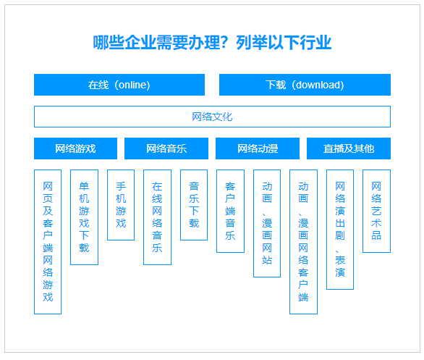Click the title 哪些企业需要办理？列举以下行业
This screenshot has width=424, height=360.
pos(212,43)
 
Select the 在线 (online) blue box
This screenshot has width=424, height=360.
pos(119,85)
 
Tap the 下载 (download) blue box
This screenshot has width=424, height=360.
pos(305,85)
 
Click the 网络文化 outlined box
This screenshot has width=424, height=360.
pos(212,117)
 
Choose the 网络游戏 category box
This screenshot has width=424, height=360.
pos(75,148)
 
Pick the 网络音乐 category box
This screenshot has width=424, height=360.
pos(166,148)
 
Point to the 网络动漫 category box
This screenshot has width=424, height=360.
pos(258,148)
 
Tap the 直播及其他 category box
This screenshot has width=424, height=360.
pos(349,148)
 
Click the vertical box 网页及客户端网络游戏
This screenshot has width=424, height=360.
pos(48,242)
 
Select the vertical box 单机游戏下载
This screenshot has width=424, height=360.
pos(84,217)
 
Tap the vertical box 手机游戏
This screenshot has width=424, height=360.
pos(121,205)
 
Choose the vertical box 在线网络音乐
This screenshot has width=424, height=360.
pos(157,217)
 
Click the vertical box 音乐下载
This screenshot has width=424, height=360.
pos(194,205)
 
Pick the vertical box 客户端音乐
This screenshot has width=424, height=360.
pos(230,211)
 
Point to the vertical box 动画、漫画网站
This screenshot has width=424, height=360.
pos(267,223)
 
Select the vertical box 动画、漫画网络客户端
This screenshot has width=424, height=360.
pos(303,242)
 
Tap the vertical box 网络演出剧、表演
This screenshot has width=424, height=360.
pos(340,230)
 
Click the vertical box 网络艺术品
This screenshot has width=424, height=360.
pos(376,211)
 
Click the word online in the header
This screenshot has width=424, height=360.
pos(132,85)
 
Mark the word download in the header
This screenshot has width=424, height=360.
pos(318,85)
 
